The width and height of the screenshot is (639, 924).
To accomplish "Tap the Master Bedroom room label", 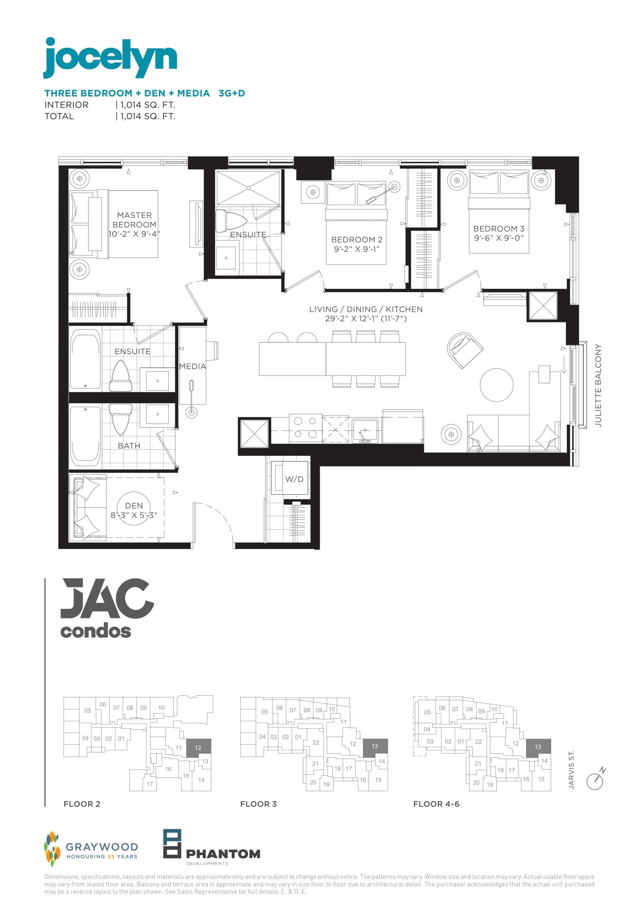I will [134, 220].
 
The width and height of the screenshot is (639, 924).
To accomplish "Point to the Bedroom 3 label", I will [498, 229].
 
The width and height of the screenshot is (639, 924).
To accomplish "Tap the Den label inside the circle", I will [134, 506].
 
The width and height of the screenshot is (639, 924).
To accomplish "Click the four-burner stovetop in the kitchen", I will [305, 428].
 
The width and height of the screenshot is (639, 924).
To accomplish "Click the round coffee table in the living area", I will [496, 385].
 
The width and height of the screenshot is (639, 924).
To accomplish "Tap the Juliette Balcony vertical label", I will [598, 385].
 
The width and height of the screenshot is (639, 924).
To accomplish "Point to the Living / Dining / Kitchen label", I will [366, 309].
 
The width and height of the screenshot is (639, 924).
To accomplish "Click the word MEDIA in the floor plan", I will [193, 366].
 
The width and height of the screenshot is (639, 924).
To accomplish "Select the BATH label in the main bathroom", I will [129, 445].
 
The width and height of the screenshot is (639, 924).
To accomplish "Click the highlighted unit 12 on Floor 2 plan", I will [198, 748].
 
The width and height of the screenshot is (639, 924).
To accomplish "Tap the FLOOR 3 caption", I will [258, 804].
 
